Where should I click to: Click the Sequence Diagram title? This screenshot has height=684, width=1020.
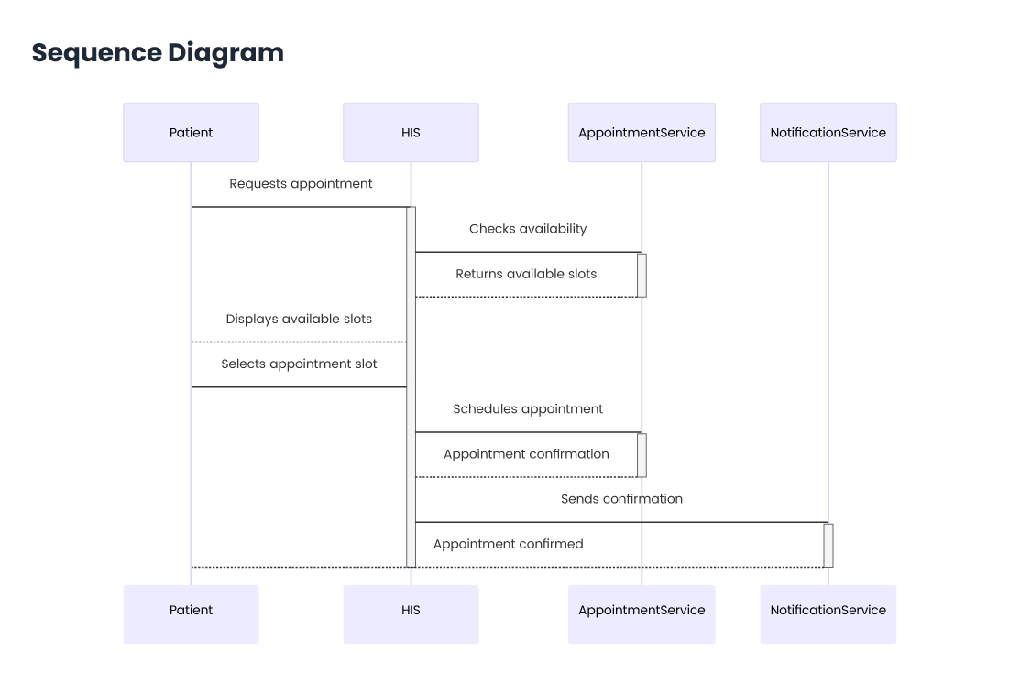pyautogui.click(x=158, y=53)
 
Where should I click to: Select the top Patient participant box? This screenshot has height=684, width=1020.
pyautogui.click(x=191, y=133)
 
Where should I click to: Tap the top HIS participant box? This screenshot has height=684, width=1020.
pyautogui.click(x=411, y=133)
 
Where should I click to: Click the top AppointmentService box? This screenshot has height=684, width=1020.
pyautogui.click(x=642, y=133)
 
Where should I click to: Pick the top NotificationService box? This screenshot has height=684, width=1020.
pyautogui.click(x=828, y=133)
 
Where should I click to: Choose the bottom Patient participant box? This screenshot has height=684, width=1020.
pyautogui.click(x=191, y=611)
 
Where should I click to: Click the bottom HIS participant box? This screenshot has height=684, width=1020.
pyautogui.click(x=411, y=611)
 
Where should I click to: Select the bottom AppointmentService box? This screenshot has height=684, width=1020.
pyautogui.click(x=642, y=611)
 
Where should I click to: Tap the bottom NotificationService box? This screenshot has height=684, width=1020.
pyautogui.click(x=828, y=611)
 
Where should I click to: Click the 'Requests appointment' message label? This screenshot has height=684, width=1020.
pyautogui.click(x=301, y=184)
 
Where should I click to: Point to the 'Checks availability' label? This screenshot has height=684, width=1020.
pyautogui.click(x=528, y=229)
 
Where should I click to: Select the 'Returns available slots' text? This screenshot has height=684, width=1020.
pyautogui.click(x=526, y=274)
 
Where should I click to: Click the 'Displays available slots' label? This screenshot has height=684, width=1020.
pyautogui.click(x=299, y=320)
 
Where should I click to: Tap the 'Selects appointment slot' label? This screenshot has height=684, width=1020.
pyautogui.click(x=299, y=364)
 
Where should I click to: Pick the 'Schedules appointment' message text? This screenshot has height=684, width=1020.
pyautogui.click(x=528, y=409)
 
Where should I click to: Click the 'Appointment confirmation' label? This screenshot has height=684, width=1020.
pyautogui.click(x=526, y=454)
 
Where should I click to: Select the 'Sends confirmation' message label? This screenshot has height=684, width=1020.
pyautogui.click(x=621, y=499)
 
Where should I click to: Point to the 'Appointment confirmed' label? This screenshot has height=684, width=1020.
pyautogui.click(x=508, y=544)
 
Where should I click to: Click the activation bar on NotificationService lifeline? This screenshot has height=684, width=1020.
pyautogui.click(x=828, y=545)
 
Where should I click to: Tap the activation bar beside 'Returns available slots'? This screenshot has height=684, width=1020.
pyautogui.click(x=642, y=275)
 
